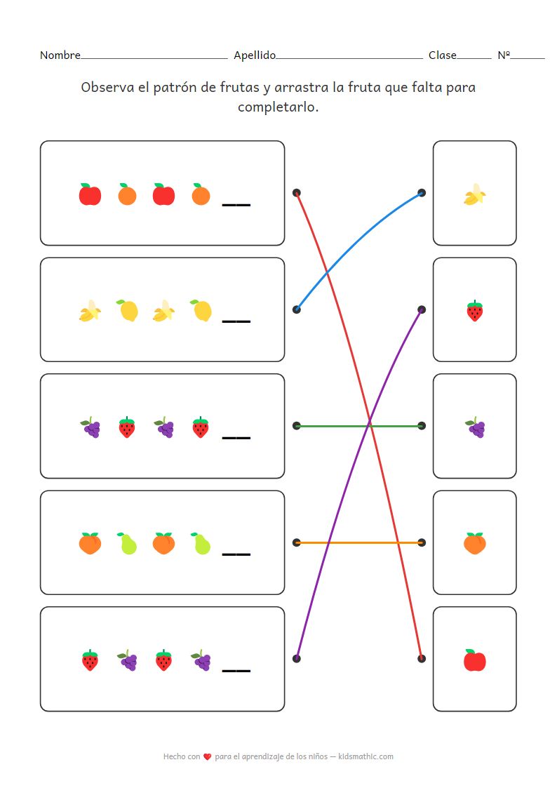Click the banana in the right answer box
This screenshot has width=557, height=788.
475,194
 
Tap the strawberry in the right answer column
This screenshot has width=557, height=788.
475,310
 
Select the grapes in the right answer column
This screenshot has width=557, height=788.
475,427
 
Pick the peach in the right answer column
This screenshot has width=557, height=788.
475,543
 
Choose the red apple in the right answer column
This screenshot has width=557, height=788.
475,660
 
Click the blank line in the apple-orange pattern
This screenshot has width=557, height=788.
236,205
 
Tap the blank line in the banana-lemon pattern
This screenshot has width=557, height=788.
236,321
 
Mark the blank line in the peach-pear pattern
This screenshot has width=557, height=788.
236,554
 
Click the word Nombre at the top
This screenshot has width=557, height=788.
60,55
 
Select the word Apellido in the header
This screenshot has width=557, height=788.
255,55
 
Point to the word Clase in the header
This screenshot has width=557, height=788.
442,55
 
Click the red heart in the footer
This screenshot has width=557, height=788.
207,757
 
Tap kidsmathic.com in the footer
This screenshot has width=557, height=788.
365,756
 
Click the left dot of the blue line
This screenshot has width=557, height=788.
297,309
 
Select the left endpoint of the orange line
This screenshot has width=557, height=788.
297,542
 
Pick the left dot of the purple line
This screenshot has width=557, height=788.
297,658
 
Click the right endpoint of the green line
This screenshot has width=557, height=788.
422,426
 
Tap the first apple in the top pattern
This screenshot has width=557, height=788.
90,194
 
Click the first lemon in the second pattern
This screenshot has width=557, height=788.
127,310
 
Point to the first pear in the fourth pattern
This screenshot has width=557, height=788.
127,543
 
